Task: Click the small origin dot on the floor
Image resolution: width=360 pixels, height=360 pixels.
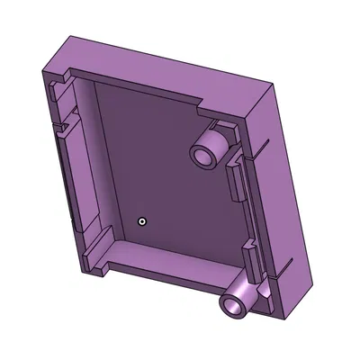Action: (141, 220)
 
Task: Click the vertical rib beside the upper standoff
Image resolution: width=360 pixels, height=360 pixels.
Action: (236, 180)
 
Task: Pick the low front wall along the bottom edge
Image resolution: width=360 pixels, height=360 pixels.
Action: (171, 279)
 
